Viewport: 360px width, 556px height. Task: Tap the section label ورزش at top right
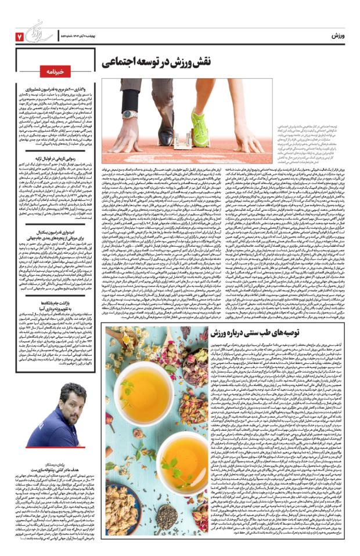point(338,36)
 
